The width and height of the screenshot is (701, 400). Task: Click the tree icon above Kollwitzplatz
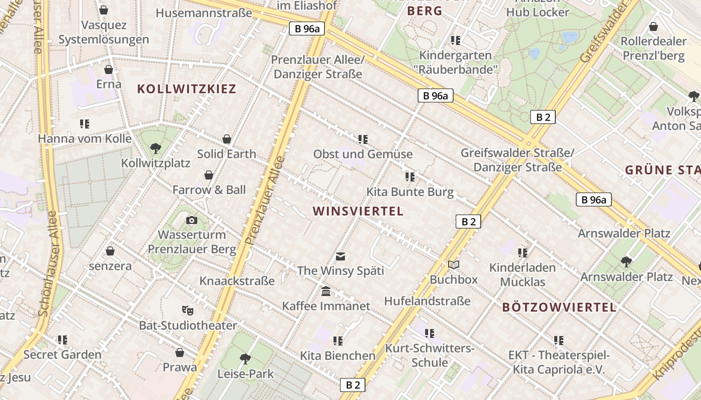click(155, 148)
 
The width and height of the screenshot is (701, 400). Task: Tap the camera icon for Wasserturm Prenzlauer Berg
click(191, 220)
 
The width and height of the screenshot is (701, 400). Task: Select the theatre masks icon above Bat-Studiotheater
click(187, 310)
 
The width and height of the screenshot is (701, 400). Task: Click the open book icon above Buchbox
click(454, 264)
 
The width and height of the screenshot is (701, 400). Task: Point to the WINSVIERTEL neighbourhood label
click(358, 211)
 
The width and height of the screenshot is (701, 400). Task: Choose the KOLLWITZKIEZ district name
click(186, 89)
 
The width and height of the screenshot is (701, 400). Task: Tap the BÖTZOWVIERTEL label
click(559, 307)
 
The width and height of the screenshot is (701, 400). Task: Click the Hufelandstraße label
click(427, 300)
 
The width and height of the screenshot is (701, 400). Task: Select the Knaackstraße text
click(237, 280)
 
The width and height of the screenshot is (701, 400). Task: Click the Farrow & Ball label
click(209, 189)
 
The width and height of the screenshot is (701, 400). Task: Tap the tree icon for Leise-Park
click(245, 358)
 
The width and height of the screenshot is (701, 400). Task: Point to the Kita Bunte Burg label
click(410, 191)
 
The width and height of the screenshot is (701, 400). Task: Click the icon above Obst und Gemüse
click(363, 139)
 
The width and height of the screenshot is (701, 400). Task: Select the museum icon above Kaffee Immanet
click(326, 291)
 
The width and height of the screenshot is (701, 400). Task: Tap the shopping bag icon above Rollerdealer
click(653, 26)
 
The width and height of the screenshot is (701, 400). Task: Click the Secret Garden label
click(63, 354)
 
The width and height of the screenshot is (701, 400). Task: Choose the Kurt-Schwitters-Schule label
click(430, 355)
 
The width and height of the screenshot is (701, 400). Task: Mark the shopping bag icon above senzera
click(110, 251)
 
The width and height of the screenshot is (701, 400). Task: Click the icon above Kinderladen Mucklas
click(523, 253)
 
